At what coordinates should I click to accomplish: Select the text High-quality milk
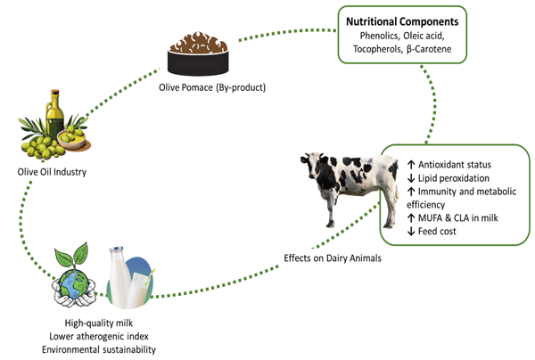coord(100,323)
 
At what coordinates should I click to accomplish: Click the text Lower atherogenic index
coord(100,336)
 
